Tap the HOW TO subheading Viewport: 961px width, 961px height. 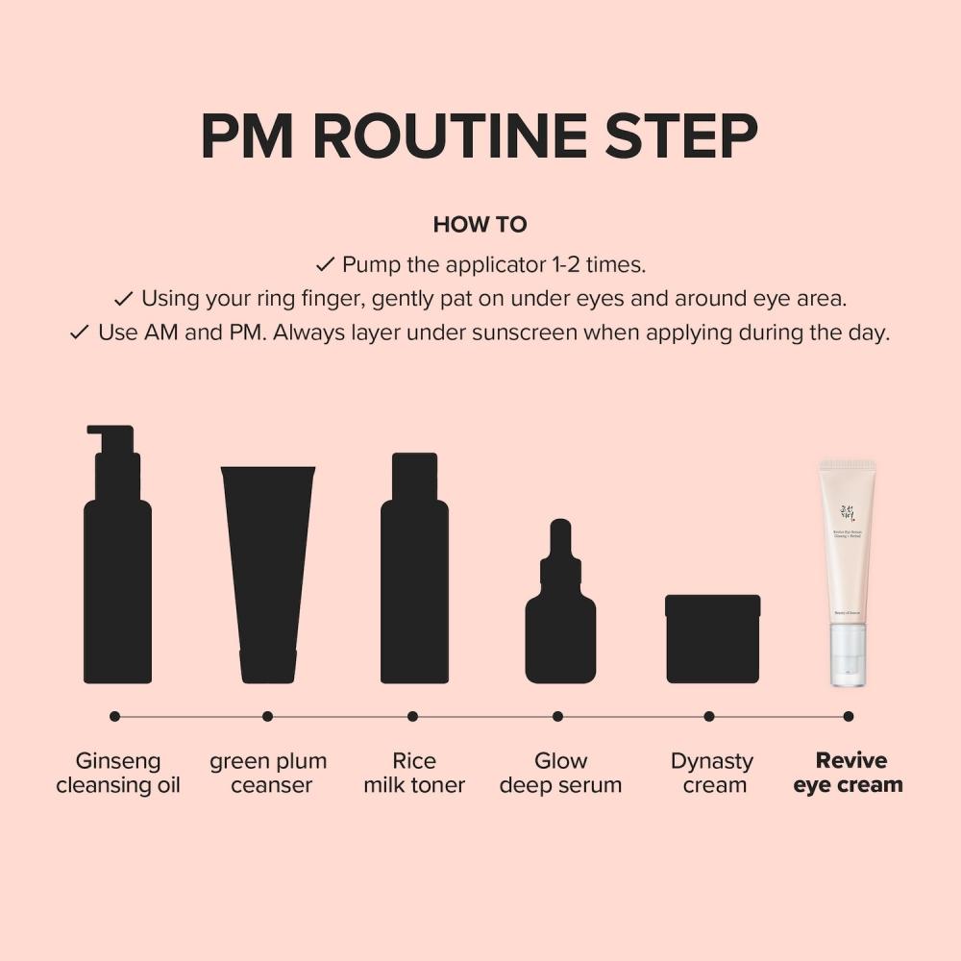click(x=480, y=225)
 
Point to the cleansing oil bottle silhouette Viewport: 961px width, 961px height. click(x=117, y=577)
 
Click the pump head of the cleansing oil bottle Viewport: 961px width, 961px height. click(x=111, y=437)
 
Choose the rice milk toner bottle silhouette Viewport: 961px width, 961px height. click(x=414, y=577)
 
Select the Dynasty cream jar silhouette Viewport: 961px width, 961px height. click(x=713, y=639)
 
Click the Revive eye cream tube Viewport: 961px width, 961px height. click(x=847, y=557)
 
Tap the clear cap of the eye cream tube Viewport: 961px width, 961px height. click(x=848, y=655)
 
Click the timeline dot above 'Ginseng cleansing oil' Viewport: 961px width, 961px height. click(x=115, y=716)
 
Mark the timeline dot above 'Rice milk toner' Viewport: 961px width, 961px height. click(x=412, y=716)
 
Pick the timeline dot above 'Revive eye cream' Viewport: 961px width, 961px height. click(x=848, y=716)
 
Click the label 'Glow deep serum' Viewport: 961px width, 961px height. click(x=560, y=774)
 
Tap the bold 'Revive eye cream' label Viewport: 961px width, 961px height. click(x=849, y=774)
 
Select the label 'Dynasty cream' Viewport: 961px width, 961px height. click(x=712, y=774)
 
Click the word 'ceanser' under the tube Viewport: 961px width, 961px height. click(x=272, y=786)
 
